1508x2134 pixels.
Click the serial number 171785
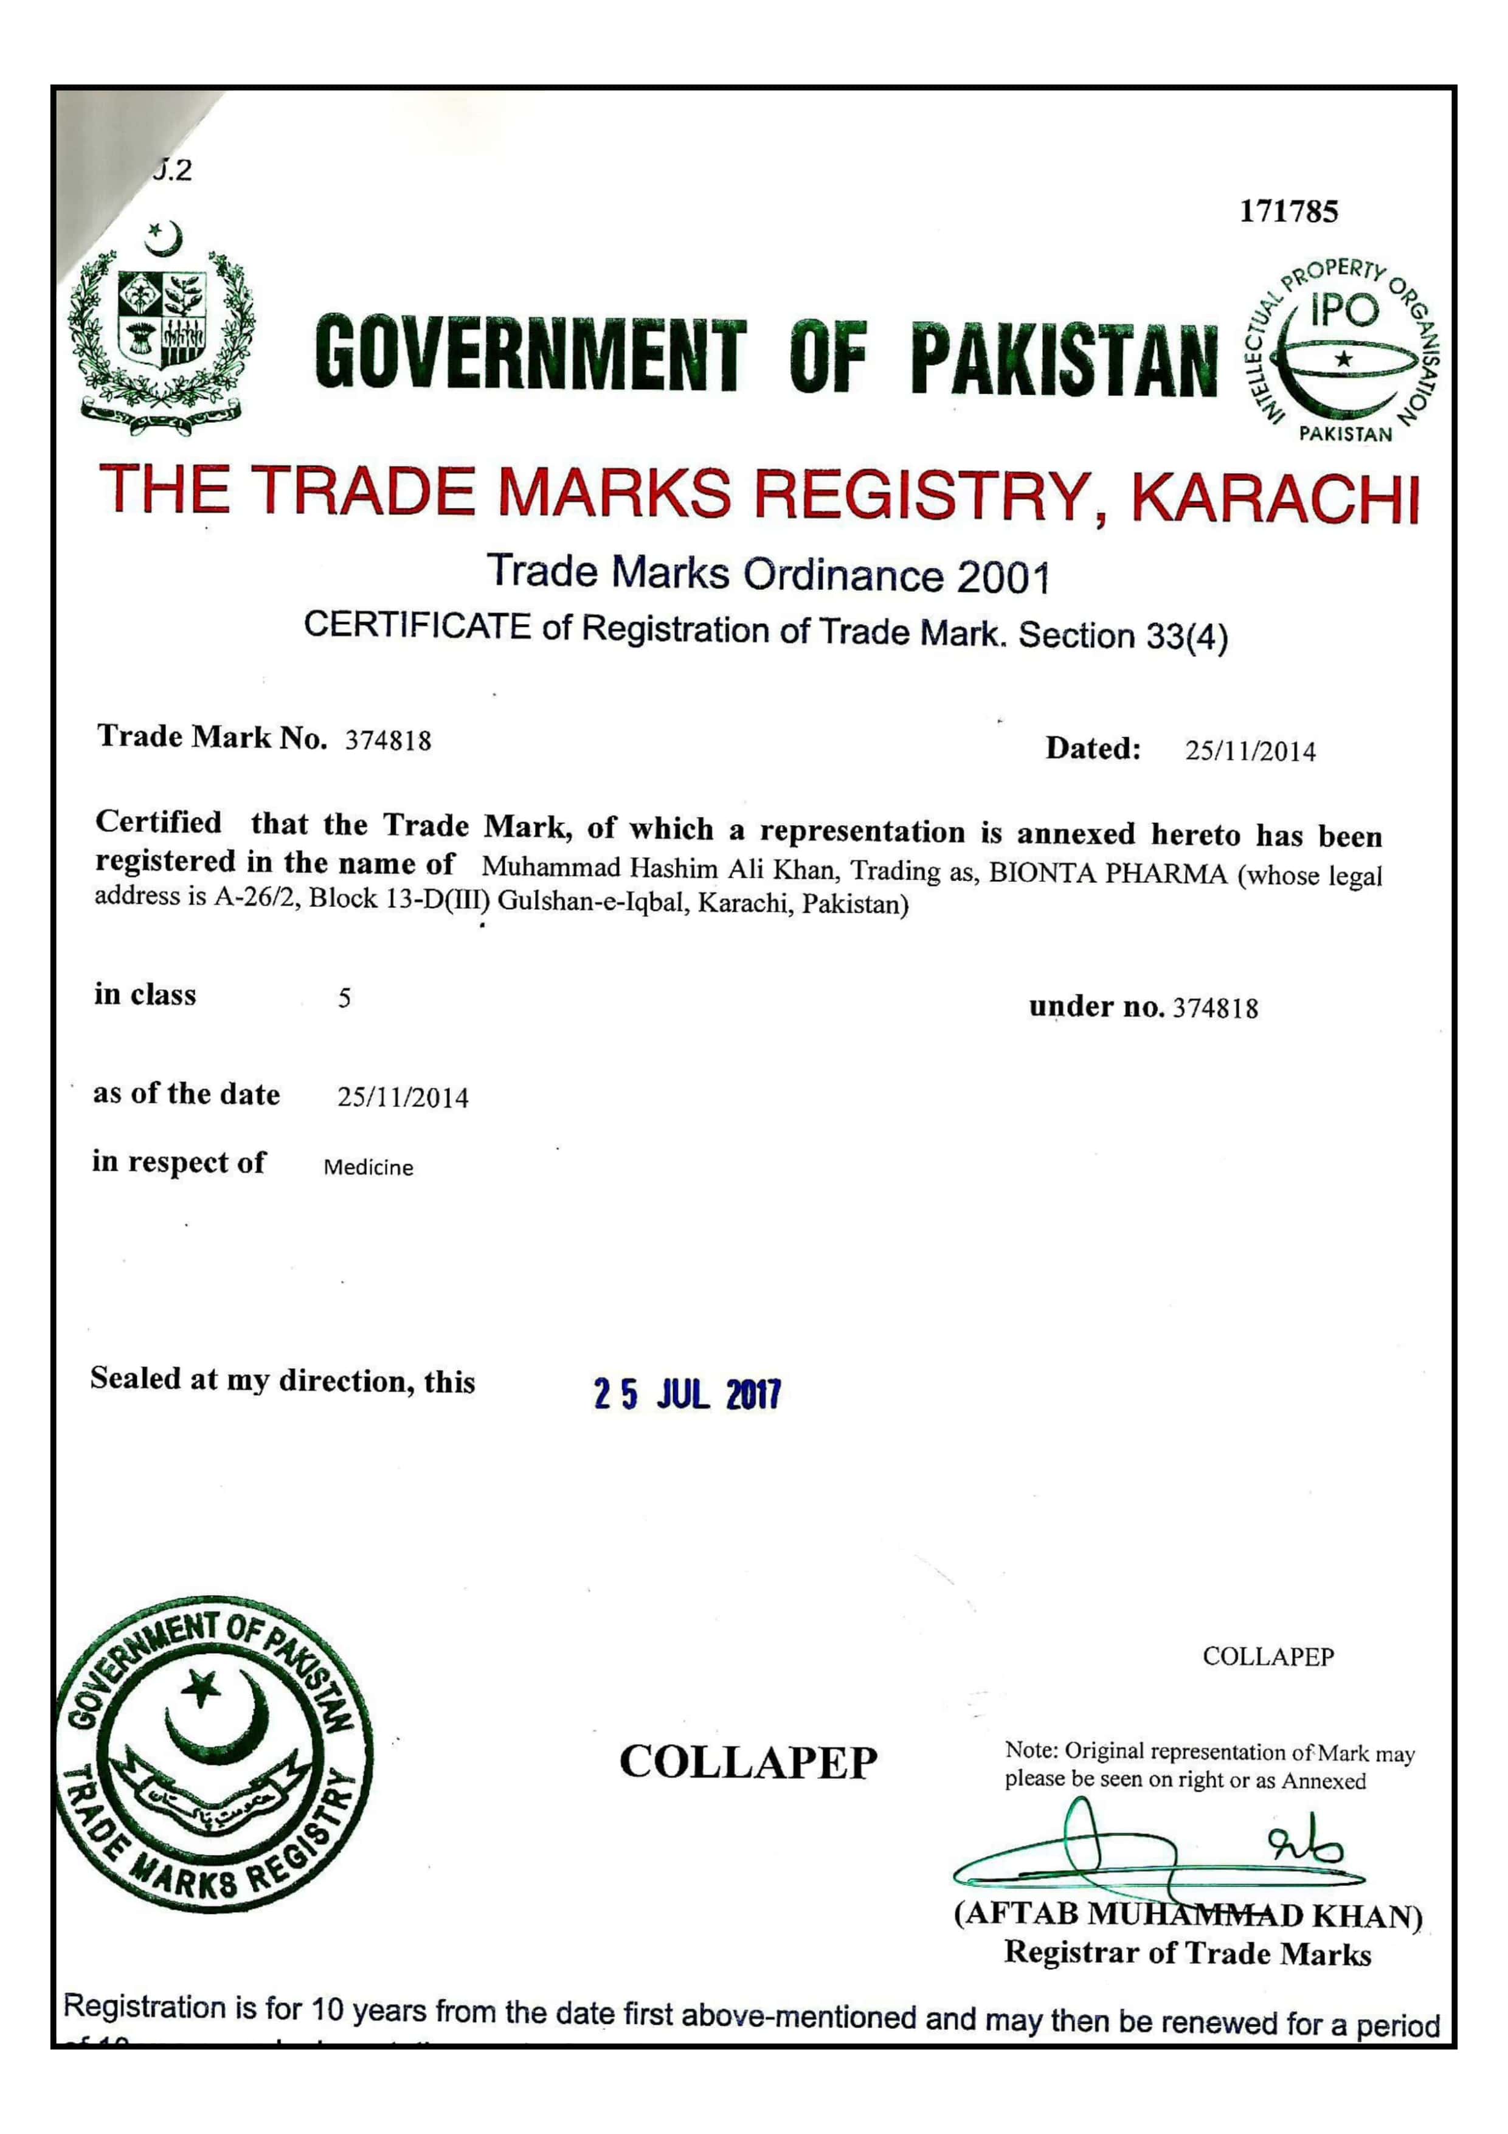1288,212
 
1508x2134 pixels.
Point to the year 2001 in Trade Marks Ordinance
1003,578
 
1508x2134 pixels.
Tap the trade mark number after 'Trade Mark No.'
389,741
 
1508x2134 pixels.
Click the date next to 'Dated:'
1250,751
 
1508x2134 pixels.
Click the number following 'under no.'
1216,1008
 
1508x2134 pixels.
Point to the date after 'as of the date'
403,1098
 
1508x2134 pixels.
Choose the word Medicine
368,1168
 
